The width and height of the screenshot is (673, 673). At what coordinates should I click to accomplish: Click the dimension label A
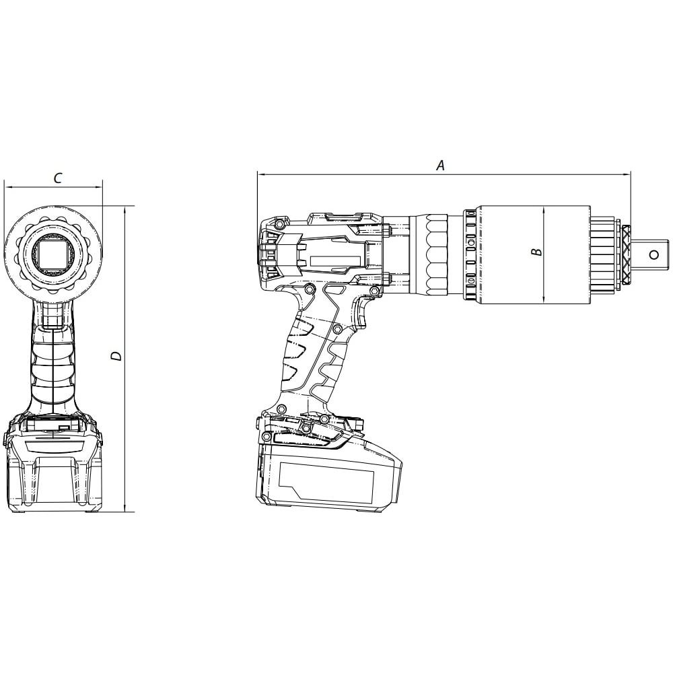[x=440, y=165]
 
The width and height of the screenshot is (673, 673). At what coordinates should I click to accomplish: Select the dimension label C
[x=57, y=178]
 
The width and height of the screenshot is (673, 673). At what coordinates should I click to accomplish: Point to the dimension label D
[x=116, y=356]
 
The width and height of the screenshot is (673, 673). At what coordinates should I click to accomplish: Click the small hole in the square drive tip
[x=654, y=255]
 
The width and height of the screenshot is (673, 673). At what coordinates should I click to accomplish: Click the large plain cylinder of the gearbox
[x=534, y=255]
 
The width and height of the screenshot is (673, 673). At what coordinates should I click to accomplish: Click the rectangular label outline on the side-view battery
[x=326, y=480]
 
